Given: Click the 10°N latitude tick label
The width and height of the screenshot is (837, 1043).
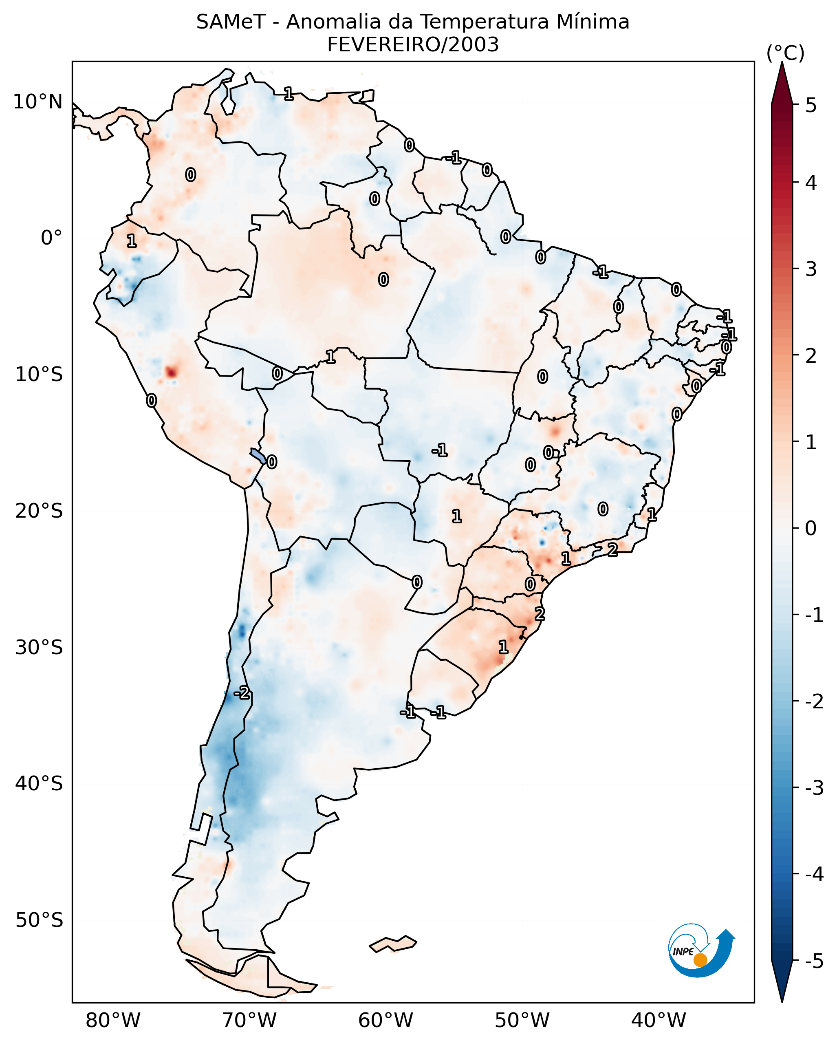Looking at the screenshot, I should pyautogui.click(x=38, y=102).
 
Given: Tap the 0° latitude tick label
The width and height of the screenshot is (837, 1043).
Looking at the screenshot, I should pyautogui.click(x=51, y=238).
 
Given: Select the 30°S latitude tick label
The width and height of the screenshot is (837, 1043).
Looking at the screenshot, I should pyautogui.click(x=39, y=647).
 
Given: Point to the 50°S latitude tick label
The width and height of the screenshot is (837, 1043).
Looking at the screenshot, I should pyautogui.click(x=39, y=920).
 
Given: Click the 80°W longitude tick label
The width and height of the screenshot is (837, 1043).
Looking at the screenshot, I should pyautogui.click(x=112, y=1020).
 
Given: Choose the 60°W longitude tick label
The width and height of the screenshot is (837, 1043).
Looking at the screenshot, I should pyautogui.click(x=385, y=1020).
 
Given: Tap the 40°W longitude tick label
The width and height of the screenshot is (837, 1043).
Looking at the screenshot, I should pyautogui.click(x=658, y=1020).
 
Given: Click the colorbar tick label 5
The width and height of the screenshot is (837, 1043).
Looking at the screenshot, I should pyautogui.click(x=811, y=105).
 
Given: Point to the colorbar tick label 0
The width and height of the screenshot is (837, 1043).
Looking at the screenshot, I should pyautogui.click(x=811, y=528).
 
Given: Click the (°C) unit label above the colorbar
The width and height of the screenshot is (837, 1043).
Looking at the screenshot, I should pyautogui.click(x=785, y=53).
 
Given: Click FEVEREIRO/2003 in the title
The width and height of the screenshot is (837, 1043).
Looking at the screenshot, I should pyautogui.click(x=412, y=45).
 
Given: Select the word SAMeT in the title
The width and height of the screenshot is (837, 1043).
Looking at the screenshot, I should pyautogui.click(x=231, y=22).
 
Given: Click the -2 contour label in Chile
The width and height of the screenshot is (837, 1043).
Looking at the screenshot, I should pyautogui.click(x=242, y=693).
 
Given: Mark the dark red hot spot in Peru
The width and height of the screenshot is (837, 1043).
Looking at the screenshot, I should pyautogui.click(x=171, y=372).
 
